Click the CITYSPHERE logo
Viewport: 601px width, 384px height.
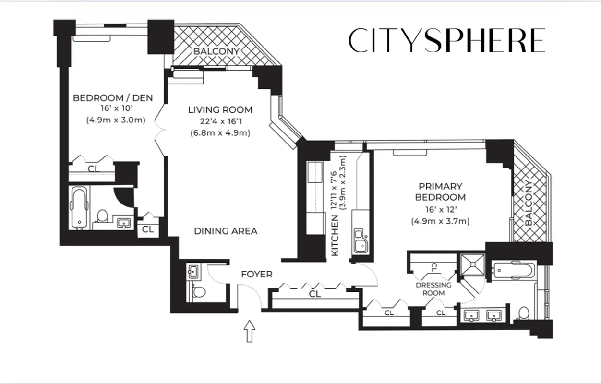coord(446,40)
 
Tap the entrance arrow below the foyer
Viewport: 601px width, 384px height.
coord(249,332)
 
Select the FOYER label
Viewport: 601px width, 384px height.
coord(256,274)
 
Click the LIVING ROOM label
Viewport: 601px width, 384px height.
coord(220,110)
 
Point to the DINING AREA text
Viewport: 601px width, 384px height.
coord(225,231)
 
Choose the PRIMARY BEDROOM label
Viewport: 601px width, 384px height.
coord(440,192)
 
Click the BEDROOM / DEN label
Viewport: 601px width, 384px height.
coord(113,98)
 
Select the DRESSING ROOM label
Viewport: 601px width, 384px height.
coord(433,288)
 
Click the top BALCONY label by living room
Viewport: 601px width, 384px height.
coord(216,51)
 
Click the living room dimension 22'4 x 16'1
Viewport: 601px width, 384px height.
coord(220,121)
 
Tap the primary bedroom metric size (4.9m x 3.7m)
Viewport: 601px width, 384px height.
coord(440,221)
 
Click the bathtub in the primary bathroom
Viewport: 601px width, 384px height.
coord(512,270)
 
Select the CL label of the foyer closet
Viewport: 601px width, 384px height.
coord(315,294)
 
